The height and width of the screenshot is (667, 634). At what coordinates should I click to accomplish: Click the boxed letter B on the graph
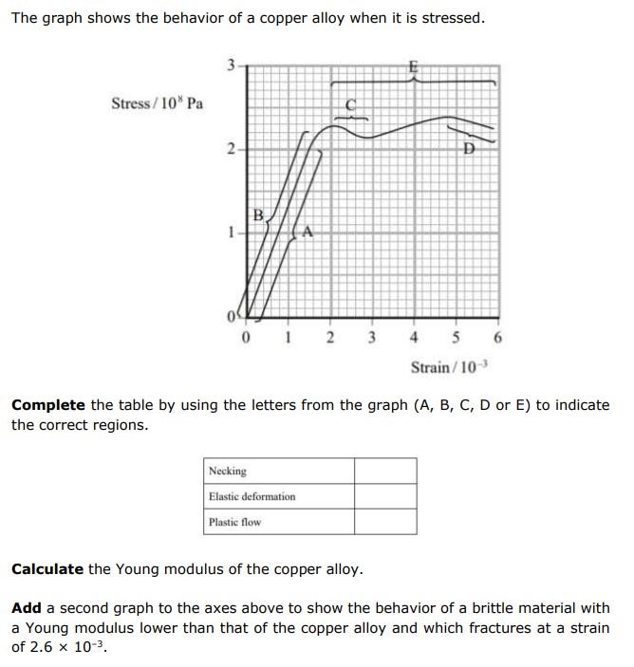click(258, 213)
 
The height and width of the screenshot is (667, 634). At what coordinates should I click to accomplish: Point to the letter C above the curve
click(349, 106)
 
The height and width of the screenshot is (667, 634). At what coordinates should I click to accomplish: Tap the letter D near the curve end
click(468, 149)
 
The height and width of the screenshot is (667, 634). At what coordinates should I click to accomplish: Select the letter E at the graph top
click(412, 67)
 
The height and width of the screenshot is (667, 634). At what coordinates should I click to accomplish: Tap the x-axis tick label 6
click(497, 338)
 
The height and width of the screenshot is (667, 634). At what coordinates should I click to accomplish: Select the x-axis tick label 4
click(414, 338)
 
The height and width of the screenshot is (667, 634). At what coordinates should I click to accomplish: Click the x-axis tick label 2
click(329, 338)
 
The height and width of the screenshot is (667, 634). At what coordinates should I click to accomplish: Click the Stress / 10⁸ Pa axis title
click(157, 103)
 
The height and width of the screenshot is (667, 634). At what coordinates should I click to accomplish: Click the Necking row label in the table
click(228, 471)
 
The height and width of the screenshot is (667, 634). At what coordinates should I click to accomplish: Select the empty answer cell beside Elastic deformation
click(385, 496)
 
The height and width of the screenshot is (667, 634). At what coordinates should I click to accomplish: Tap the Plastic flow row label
click(234, 522)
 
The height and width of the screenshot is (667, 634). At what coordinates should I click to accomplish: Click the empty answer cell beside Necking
click(385, 471)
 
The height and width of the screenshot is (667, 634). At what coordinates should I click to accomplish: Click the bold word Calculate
click(47, 569)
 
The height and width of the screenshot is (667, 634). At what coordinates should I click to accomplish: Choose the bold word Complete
click(47, 405)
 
